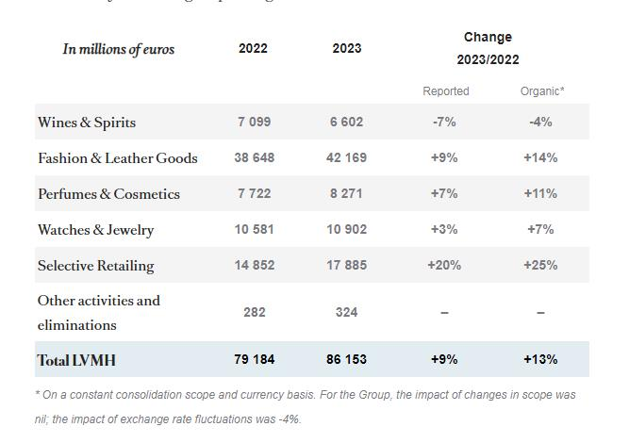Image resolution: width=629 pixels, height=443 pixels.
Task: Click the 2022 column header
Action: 253,49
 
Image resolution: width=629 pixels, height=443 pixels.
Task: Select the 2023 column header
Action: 346,49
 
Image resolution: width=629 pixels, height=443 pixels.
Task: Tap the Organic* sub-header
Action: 541,91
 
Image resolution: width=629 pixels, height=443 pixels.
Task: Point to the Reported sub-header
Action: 445,91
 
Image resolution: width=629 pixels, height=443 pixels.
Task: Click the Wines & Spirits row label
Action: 87,123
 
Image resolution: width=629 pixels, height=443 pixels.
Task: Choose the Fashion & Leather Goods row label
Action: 118,158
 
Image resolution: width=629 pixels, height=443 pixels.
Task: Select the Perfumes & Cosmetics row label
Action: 108,194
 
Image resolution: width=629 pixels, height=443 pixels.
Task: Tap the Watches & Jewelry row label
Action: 95,230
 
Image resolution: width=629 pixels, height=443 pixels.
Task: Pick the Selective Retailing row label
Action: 95,266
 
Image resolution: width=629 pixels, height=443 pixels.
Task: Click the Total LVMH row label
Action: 76,360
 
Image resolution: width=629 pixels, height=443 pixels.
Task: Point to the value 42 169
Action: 346,158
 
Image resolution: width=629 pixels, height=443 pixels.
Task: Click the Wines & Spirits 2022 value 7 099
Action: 254,123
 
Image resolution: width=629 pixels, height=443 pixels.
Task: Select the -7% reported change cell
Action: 444,123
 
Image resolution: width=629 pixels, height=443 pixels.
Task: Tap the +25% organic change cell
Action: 540,266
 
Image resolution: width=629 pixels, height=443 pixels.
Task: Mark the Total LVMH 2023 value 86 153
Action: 346,360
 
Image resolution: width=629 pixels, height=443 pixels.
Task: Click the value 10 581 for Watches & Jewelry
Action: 254,230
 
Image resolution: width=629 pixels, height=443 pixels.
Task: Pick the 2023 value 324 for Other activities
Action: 346,312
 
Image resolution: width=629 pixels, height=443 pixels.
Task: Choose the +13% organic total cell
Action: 540,360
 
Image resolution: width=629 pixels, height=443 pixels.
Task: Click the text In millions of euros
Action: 119,49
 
